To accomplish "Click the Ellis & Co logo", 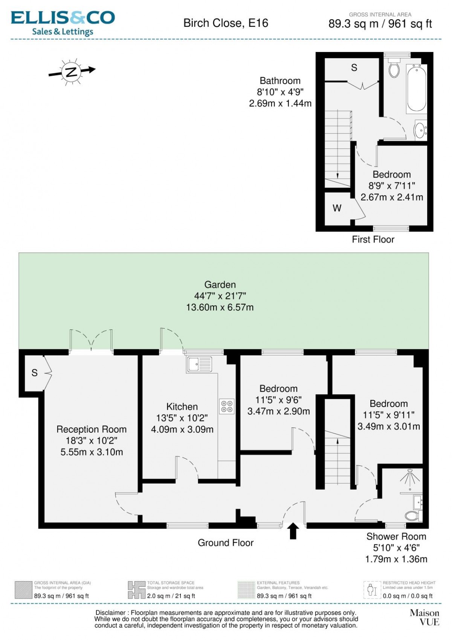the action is point(63,23).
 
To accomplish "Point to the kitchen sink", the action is point(200,364).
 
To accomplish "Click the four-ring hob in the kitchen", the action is point(227,406).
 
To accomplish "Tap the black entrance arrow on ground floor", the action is point(293,531).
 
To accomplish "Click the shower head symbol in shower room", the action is point(410,478).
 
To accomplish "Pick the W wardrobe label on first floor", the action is point(337,208).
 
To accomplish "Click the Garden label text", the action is point(220,285).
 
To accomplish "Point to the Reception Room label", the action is point(92,429).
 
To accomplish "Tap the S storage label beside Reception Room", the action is point(35,373).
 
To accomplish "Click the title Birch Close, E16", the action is point(226,23).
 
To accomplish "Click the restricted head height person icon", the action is point(373,590).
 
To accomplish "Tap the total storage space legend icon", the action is point(137,590).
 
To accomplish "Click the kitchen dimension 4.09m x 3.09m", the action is point(182,429).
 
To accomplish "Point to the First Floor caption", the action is point(373,239).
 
